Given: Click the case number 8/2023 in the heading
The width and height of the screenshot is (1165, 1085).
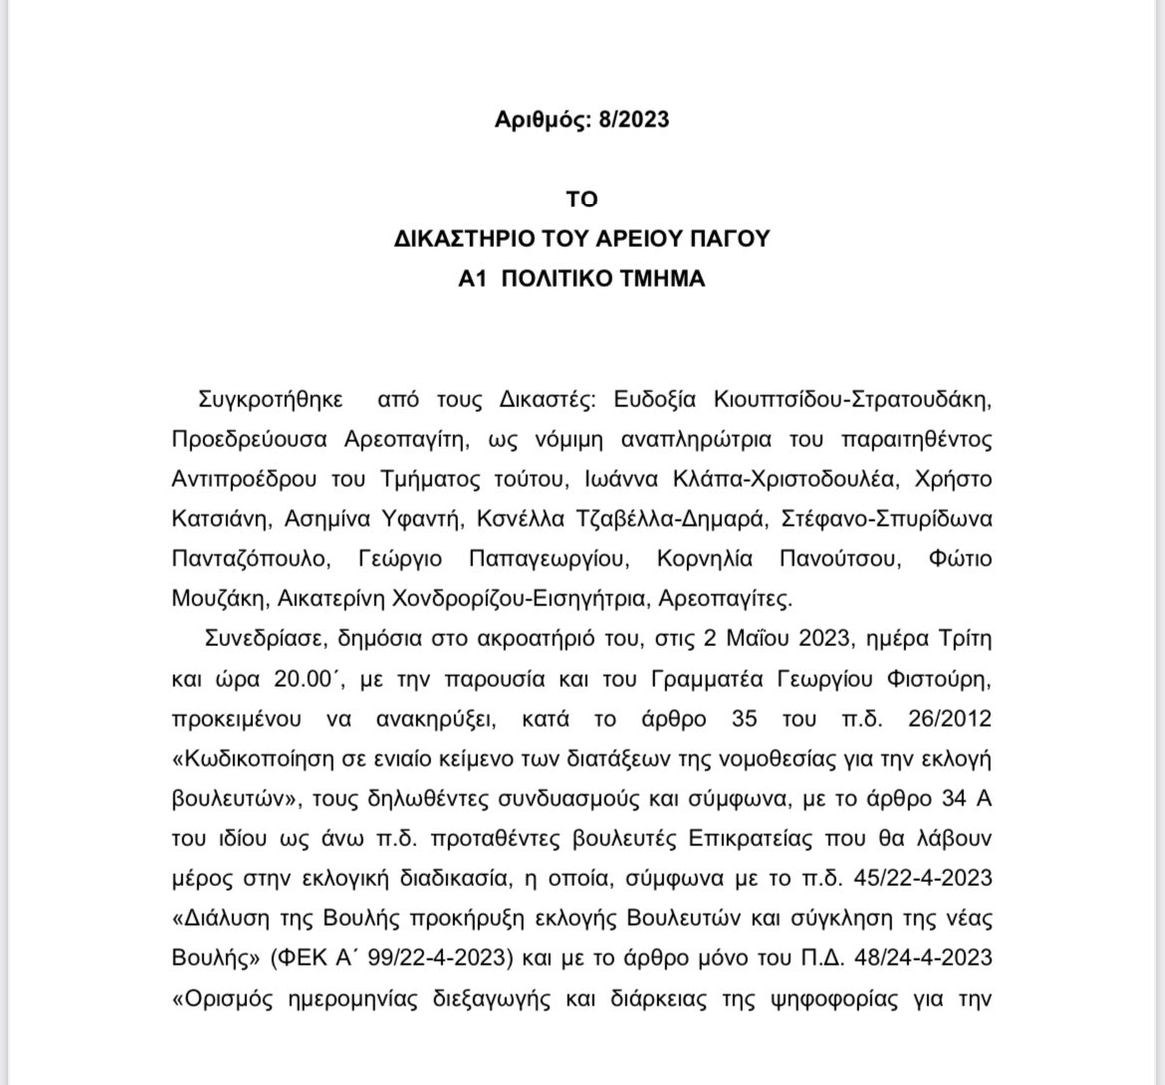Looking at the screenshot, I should coord(633,119).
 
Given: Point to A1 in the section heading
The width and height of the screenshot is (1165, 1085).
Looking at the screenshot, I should coord(470,279).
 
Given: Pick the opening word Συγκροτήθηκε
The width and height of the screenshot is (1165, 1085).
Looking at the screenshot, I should coord(271,399).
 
